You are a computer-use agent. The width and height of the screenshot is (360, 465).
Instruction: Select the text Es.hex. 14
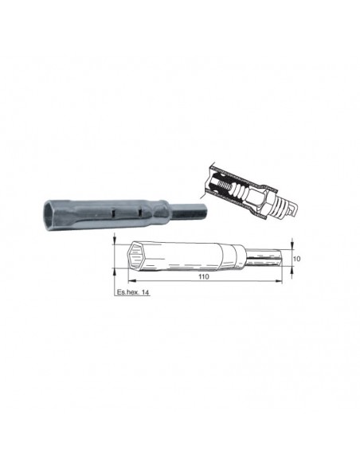[x=132, y=292]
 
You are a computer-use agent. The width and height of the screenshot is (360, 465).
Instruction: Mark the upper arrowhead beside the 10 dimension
[x=292, y=246]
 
